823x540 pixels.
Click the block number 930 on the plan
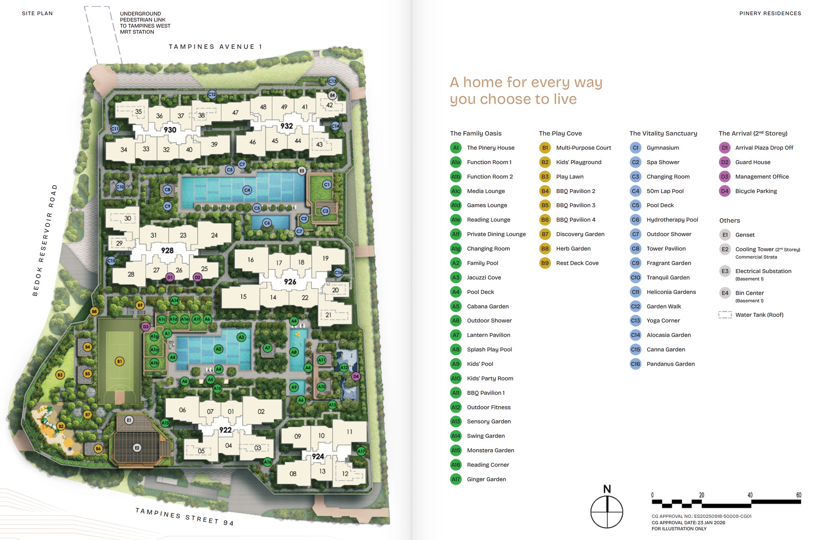point(170,130)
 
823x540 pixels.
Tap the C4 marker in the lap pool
point(247,190)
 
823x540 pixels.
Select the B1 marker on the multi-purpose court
point(119,361)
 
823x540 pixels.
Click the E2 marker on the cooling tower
point(137,448)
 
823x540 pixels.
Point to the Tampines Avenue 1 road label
point(215,47)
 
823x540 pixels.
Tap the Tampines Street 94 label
point(184,516)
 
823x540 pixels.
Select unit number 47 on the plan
point(235,113)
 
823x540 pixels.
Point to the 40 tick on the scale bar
point(750,495)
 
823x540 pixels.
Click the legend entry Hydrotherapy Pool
point(672,220)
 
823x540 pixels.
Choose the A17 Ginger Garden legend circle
point(456,479)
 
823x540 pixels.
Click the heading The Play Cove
point(560,133)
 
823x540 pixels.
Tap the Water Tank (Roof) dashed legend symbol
point(725,315)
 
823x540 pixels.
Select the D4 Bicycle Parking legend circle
point(724,191)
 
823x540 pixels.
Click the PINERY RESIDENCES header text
point(770,13)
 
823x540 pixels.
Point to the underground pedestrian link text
point(145,23)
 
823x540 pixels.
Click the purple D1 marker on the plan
point(170,277)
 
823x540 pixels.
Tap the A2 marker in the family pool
point(218,349)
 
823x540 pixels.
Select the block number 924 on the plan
point(318,456)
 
